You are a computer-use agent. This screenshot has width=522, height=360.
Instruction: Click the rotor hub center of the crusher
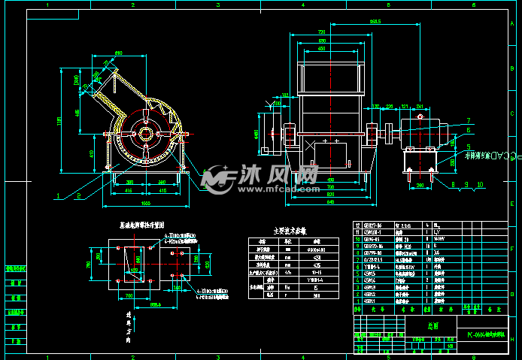point(145,135)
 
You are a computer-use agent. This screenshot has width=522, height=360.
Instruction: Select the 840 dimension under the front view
point(329,202)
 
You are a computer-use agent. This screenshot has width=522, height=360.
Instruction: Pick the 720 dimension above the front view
point(322,32)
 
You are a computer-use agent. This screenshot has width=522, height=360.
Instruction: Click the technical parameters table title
point(287,231)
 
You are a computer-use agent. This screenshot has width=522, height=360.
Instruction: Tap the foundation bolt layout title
point(147,224)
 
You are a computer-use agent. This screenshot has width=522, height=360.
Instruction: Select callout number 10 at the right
point(481,183)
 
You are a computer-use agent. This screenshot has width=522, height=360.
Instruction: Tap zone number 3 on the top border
point(218,5)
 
